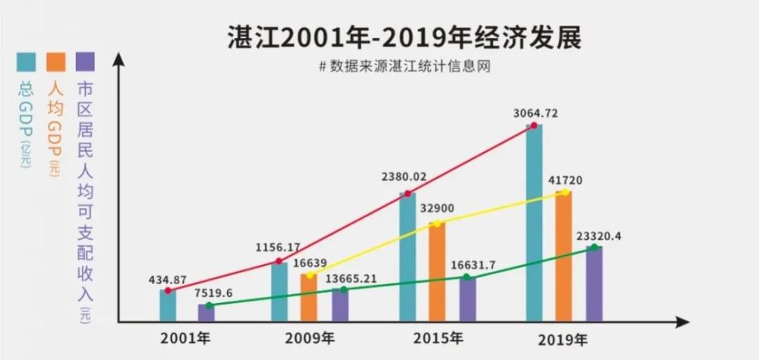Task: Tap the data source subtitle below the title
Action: click(x=402, y=66)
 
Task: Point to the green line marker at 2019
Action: click(x=594, y=247)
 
